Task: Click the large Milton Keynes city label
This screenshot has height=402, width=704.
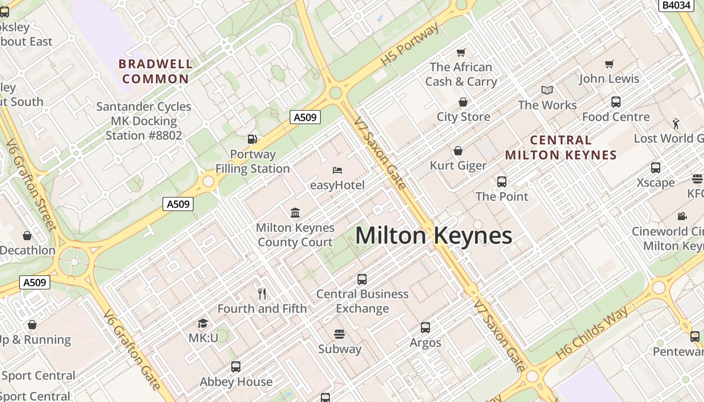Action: point(433,236)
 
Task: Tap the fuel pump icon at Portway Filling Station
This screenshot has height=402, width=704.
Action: point(252,139)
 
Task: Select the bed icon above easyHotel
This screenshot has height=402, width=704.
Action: point(337,170)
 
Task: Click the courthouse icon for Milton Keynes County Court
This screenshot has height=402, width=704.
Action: point(295,213)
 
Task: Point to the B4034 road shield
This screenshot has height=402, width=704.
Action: point(676,5)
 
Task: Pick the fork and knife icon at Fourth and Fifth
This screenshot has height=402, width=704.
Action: point(262,294)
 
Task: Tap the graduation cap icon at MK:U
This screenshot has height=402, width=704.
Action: point(203,323)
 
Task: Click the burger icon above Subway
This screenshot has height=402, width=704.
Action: point(339,334)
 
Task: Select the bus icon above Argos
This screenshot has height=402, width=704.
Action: point(425,328)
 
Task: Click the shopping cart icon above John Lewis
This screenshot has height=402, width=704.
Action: point(609,64)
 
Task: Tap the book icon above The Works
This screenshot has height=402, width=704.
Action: point(547,90)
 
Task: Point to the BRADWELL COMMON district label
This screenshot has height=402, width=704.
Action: point(156,71)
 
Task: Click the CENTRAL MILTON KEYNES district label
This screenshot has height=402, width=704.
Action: point(561,147)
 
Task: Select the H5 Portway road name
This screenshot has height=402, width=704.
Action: point(409,44)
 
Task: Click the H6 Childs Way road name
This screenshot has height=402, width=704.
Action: point(592,333)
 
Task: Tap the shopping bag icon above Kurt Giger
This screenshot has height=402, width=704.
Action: point(458,151)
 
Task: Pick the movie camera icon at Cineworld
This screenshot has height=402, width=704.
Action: point(682,216)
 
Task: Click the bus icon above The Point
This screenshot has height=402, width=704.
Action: point(501,181)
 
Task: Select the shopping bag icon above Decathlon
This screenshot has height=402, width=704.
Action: point(27,235)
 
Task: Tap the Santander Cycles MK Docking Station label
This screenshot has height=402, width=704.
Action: point(144,121)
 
